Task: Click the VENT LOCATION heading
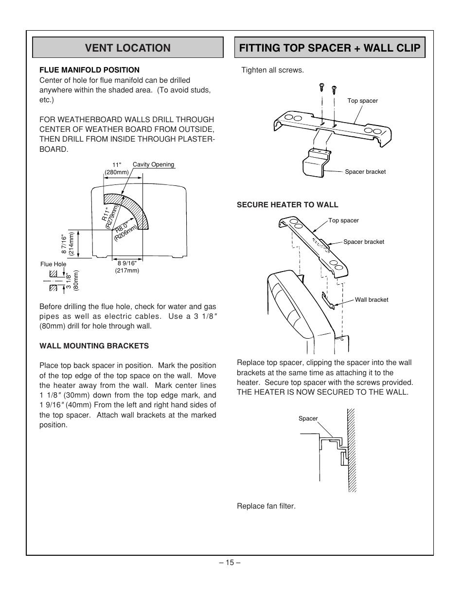pyautogui.click(x=127, y=48)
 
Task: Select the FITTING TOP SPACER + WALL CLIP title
pyautogui.click(x=329, y=48)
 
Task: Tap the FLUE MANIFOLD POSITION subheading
pyautogui.click(x=89, y=70)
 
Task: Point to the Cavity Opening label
pyautogui.click(x=153, y=164)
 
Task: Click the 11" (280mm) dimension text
pyautogui.click(x=117, y=168)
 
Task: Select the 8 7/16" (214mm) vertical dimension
pyautogui.click(x=68, y=243)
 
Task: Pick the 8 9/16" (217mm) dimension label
pyautogui.click(x=127, y=267)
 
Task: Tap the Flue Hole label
pyautogui.click(x=53, y=264)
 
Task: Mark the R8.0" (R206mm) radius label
pyautogui.click(x=125, y=230)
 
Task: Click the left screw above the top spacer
pyautogui.click(x=321, y=88)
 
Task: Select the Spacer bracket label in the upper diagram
pyautogui.click(x=365, y=172)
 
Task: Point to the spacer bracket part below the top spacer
pyautogui.click(x=317, y=162)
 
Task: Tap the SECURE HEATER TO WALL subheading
pyautogui.click(x=287, y=205)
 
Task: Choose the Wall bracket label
pyautogui.click(x=371, y=300)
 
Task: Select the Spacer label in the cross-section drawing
pyautogui.click(x=308, y=419)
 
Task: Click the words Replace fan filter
pyautogui.click(x=266, y=506)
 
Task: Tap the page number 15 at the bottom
pyautogui.click(x=230, y=563)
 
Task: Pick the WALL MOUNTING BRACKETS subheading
pyautogui.click(x=94, y=346)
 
